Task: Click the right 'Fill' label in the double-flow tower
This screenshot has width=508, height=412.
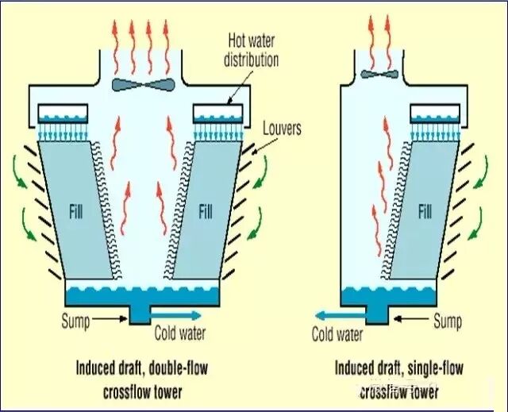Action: pyautogui.click(x=206, y=213)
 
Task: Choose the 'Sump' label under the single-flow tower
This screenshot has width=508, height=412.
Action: pyautogui.click(x=448, y=321)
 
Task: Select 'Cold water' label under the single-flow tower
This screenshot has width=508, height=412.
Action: pyautogui.click(x=339, y=334)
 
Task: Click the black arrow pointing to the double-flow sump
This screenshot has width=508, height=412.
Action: pyautogui.click(x=109, y=320)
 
